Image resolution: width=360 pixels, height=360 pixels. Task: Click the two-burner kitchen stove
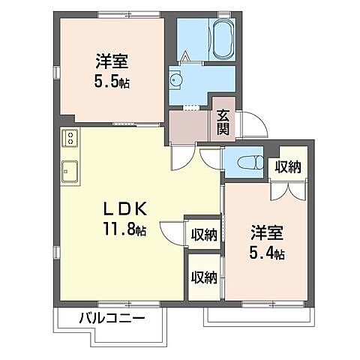pos(69,138)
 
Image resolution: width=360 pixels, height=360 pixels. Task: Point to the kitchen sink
pos(70,171)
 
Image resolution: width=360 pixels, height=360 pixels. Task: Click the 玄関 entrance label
pos(223,122)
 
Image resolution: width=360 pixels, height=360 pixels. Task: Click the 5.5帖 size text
pos(110,82)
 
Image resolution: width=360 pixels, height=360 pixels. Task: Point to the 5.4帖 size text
pos(266,253)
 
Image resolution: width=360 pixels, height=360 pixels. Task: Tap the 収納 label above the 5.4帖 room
pos(287,166)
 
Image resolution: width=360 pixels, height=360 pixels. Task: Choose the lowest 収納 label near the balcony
pos(203,277)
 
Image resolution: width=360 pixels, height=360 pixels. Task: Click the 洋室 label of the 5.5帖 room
pos(110,59)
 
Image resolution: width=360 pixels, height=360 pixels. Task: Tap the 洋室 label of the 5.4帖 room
pos(266,231)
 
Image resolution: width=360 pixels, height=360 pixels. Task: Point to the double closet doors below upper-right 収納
pos(288,190)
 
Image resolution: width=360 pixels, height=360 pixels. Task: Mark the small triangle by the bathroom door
pos(186,55)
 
